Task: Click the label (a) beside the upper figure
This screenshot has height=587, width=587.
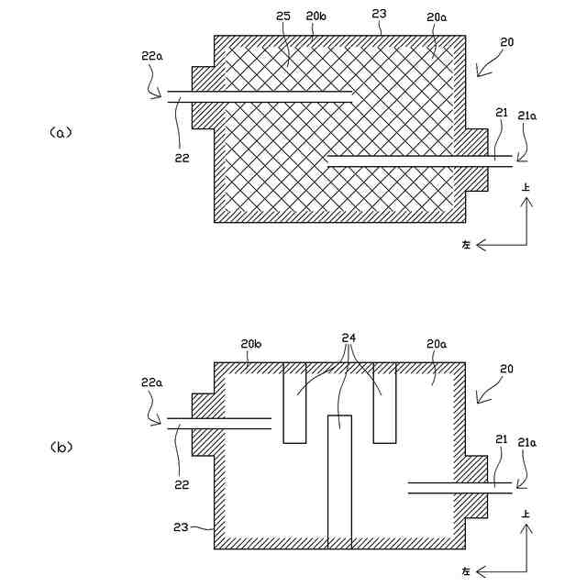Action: pyautogui.click(x=60, y=132)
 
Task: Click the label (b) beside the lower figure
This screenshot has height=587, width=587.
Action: pyautogui.click(x=60, y=448)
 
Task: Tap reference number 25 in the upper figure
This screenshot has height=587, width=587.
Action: pyautogui.click(x=284, y=17)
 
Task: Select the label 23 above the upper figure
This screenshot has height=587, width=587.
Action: pyautogui.click(x=380, y=16)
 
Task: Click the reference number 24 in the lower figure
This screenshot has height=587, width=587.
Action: pyautogui.click(x=348, y=337)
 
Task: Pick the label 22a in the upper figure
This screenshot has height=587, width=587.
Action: pyautogui.click(x=152, y=56)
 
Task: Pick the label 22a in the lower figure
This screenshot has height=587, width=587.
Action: pyautogui.click(x=152, y=382)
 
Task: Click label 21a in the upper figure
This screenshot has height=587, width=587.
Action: pyautogui.click(x=527, y=116)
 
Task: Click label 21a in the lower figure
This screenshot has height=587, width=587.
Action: pyautogui.click(x=527, y=442)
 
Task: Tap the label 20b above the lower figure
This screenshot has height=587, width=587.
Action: pyautogui.click(x=251, y=344)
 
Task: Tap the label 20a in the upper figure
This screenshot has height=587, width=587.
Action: pyautogui.click(x=437, y=17)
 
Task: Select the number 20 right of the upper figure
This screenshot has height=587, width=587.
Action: pyautogui.click(x=507, y=42)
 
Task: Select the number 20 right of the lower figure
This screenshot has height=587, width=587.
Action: pyautogui.click(x=507, y=369)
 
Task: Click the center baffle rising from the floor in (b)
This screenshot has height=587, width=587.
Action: pyautogui.click(x=339, y=482)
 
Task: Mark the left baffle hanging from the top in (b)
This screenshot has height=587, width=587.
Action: pyautogui.click(x=294, y=403)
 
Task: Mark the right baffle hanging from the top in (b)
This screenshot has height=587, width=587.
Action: pyautogui.click(x=384, y=403)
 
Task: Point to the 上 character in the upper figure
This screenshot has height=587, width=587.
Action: pyautogui.click(x=526, y=187)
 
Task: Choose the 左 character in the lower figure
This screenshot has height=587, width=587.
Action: pyautogui.click(x=466, y=570)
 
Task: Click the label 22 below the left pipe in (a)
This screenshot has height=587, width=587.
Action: pyautogui.click(x=182, y=158)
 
